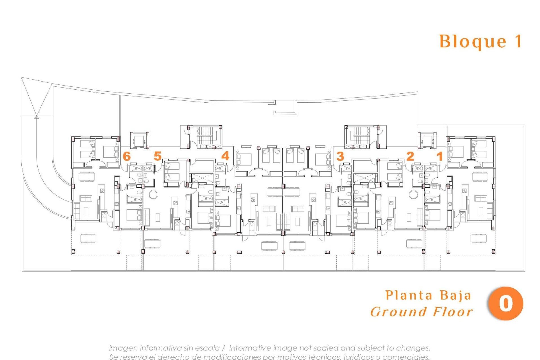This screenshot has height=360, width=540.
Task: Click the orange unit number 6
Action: [x=127, y=156]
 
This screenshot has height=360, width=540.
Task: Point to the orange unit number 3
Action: [x=340, y=156]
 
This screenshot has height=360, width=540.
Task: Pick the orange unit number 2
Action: [x=410, y=156]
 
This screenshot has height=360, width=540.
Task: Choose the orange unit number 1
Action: [x=439, y=156]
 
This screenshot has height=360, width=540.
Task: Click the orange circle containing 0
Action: [x=505, y=304]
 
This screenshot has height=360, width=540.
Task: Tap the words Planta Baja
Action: [x=428, y=295]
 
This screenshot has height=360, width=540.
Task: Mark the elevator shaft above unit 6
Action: [x=139, y=139]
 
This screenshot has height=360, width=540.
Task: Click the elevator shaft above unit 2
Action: [x=427, y=139]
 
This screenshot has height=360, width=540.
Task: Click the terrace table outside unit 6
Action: [x=88, y=238]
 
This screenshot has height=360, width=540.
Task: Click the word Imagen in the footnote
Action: [x=123, y=348]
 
